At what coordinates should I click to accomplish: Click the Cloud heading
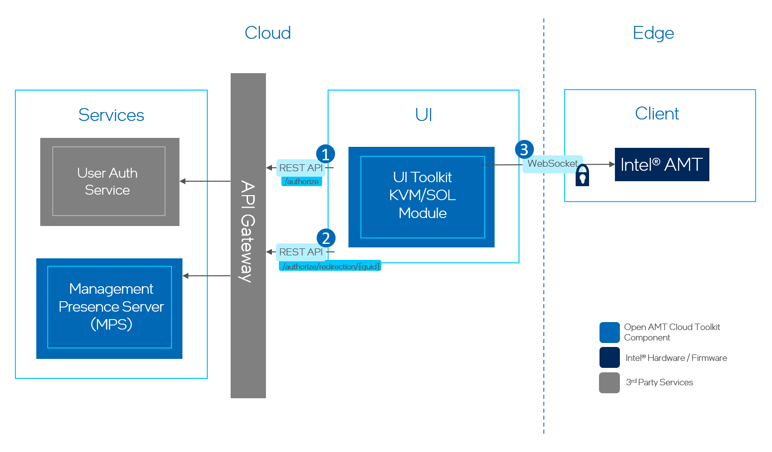267,33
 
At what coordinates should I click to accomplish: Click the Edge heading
653,33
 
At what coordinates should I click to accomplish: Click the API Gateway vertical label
248,232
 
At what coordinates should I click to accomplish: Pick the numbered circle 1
326,154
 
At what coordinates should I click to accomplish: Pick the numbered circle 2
326,238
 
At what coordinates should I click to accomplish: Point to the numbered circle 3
524,149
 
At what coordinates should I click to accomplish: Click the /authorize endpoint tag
302,182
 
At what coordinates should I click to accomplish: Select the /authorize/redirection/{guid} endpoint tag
330,266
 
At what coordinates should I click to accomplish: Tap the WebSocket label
552,164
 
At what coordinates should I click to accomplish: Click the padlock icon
582,176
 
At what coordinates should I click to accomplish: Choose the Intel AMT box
662,165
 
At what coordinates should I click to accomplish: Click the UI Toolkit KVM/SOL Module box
422,197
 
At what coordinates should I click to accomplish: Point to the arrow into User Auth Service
204,181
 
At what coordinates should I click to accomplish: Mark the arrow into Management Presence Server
206,276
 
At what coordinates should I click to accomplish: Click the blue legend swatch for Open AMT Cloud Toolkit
609,333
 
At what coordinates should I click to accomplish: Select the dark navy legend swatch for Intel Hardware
609,357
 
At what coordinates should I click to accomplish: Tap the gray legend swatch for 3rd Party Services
609,383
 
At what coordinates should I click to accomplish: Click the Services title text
111,115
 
